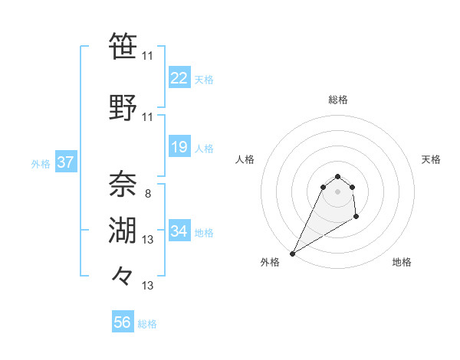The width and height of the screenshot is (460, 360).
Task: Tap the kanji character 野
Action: (x=123, y=107)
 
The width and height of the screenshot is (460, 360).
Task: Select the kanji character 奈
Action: (x=123, y=185)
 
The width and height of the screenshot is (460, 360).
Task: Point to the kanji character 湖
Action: (x=123, y=230)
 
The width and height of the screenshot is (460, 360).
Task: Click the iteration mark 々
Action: (x=123, y=275)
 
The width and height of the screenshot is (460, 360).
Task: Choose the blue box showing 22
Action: (x=179, y=78)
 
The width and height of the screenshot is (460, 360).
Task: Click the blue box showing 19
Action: (x=179, y=147)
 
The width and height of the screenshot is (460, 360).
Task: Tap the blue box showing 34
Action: (x=179, y=231)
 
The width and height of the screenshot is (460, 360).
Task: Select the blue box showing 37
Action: (x=65, y=162)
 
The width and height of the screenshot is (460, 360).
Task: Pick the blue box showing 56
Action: (x=123, y=322)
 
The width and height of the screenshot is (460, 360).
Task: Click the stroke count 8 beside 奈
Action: (x=147, y=194)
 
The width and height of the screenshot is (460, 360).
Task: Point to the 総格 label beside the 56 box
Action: (x=147, y=324)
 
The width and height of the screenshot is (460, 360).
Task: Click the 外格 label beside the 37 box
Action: (x=41, y=163)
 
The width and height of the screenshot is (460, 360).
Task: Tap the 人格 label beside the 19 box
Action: (x=203, y=148)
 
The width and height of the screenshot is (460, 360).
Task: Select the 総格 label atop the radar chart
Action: (x=337, y=100)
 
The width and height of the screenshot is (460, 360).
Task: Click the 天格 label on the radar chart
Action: (x=431, y=159)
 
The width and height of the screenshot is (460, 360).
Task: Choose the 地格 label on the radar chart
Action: (x=402, y=262)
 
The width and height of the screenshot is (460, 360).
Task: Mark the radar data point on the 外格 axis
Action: (x=292, y=253)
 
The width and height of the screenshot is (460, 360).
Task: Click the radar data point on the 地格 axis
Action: (x=356, y=218)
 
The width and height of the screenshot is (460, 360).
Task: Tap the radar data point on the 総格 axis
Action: (x=337, y=176)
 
